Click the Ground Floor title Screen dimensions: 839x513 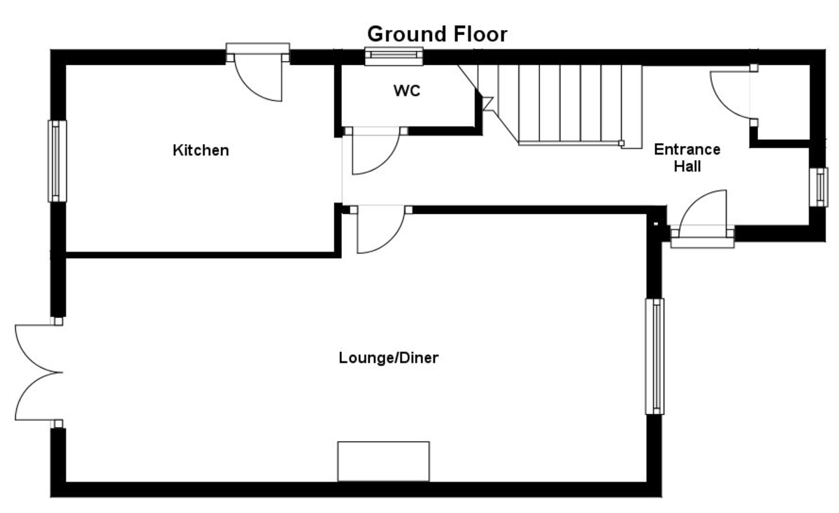click(x=437, y=34)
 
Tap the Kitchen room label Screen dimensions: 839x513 click(x=201, y=150)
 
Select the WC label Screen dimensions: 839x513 click(x=407, y=91)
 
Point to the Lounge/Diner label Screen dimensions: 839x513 click(x=388, y=359)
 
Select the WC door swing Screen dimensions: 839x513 click(x=374, y=150)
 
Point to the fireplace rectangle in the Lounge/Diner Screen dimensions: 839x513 click(x=383, y=461)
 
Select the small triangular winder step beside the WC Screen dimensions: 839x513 click(x=487, y=103)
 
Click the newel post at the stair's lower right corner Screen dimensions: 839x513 click(x=621, y=144)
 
